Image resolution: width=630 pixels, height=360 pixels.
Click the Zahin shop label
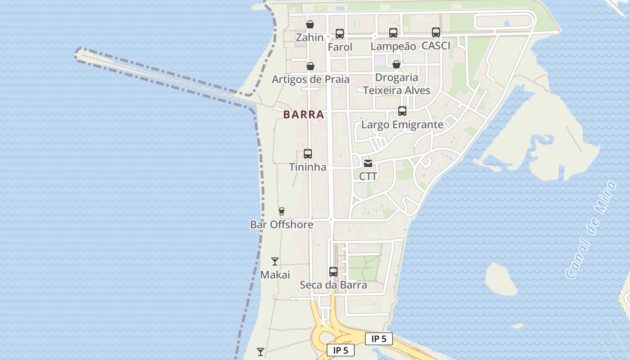pyautogui.click(x=310, y=37)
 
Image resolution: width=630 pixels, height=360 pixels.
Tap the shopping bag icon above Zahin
pyautogui.click(x=310, y=24)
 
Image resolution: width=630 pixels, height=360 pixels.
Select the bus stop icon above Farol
pyautogui.click(x=340, y=33)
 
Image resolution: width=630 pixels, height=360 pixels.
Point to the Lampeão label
pyautogui.click(x=393, y=46)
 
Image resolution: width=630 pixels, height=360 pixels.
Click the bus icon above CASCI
pyautogui.click(x=436, y=32)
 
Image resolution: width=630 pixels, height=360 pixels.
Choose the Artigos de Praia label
pyautogui.click(x=310, y=80)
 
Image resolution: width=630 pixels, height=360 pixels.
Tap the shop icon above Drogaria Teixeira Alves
pyautogui.click(x=396, y=64)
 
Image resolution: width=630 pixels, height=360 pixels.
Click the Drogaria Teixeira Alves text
pyautogui.click(x=396, y=84)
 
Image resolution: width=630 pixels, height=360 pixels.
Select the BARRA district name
pyautogui.click(x=304, y=115)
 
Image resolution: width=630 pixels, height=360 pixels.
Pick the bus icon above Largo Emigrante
pyautogui.click(x=402, y=111)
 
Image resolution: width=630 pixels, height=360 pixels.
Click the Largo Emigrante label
pyautogui.click(x=402, y=125)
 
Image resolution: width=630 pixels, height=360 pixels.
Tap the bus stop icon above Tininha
pyautogui.click(x=308, y=154)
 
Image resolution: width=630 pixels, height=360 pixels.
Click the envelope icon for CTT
pyautogui.click(x=368, y=163)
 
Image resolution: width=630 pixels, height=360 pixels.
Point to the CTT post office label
pyautogui.click(x=368, y=176)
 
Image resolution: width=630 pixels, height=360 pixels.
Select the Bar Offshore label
pyautogui.click(x=282, y=225)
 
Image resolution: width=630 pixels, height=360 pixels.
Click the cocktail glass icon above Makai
pyautogui.click(x=275, y=261)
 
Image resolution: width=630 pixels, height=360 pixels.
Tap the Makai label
pyautogui.click(x=275, y=275)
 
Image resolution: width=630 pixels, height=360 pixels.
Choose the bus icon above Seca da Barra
pyautogui.click(x=333, y=272)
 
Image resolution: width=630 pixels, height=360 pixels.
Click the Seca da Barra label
pyautogui.click(x=333, y=285)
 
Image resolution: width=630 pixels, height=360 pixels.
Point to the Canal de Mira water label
pyautogui.click(x=590, y=230)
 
